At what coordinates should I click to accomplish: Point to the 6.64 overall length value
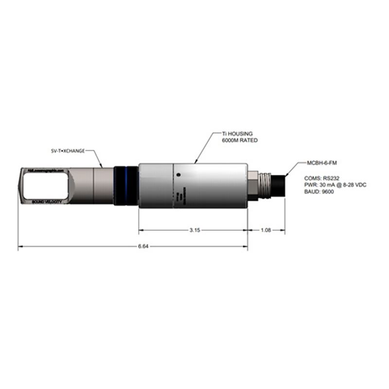(143, 247)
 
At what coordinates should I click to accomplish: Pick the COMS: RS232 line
(320, 178)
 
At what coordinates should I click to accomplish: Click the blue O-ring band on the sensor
(125, 186)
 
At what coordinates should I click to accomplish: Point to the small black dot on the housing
(179, 175)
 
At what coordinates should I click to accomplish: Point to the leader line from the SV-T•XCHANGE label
(96, 159)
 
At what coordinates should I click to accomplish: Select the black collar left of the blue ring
(118, 186)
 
